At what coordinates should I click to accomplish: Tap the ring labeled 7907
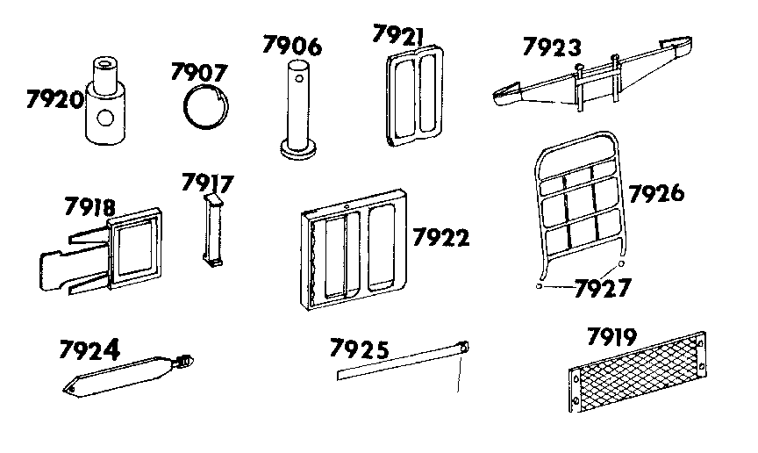coord(209,108)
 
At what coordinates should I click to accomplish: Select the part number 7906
coord(292,47)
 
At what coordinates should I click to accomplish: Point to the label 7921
coord(398,35)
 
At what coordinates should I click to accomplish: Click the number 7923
coord(553,46)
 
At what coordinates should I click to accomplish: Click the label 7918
coord(89,207)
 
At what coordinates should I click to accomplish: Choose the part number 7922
coord(440,238)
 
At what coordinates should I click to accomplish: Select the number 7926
coord(656,193)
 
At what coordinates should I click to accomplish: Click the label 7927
coord(602,288)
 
